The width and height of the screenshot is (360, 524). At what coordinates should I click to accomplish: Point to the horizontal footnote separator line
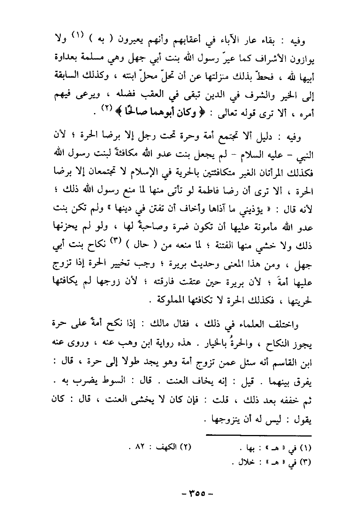click(259, 435)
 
